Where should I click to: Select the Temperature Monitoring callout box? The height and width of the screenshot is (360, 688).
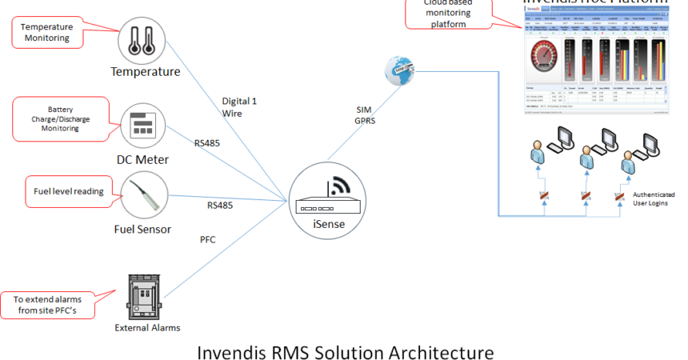click(47, 32)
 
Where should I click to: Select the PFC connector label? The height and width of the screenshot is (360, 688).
click(207, 238)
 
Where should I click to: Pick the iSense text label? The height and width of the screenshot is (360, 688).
click(328, 225)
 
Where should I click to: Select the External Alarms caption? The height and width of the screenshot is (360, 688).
click(148, 327)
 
